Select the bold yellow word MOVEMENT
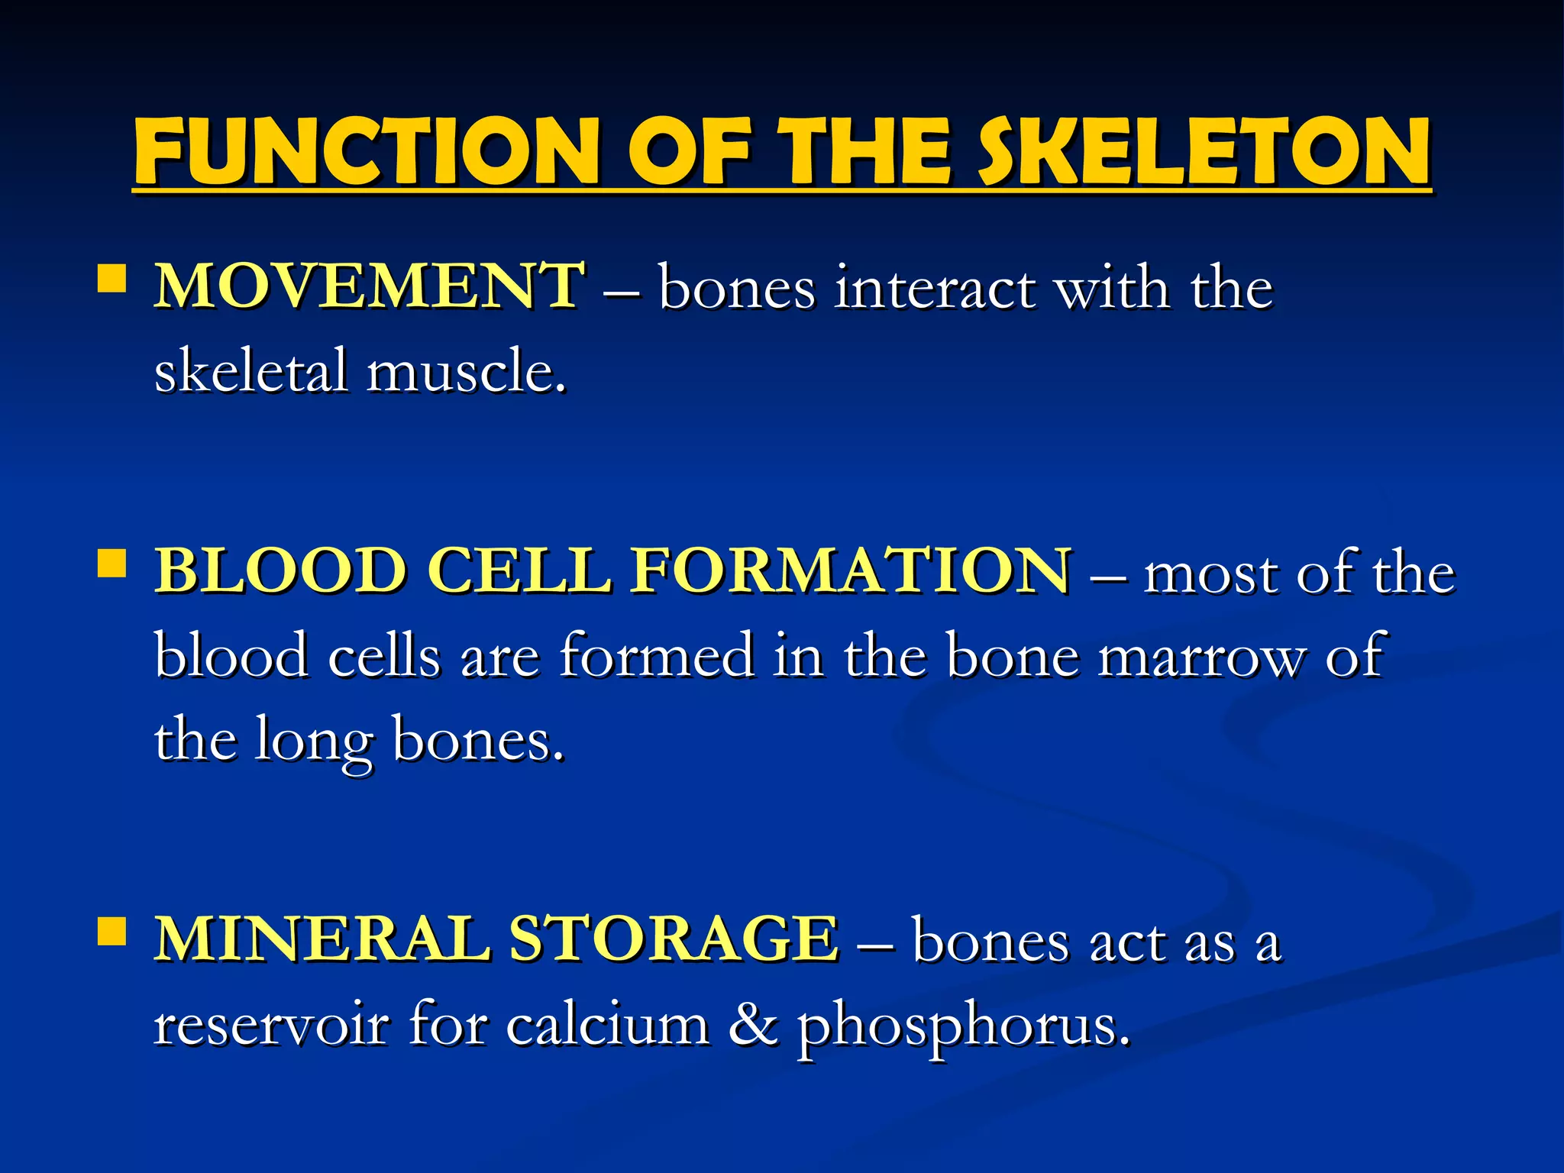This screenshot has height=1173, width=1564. pyautogui.click(x=370, y=286)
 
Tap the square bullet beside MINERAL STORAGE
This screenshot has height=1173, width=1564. pyautogui.click(x=112, y=932)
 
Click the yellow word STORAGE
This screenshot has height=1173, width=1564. pyautogui.click(x=673, y=939)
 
